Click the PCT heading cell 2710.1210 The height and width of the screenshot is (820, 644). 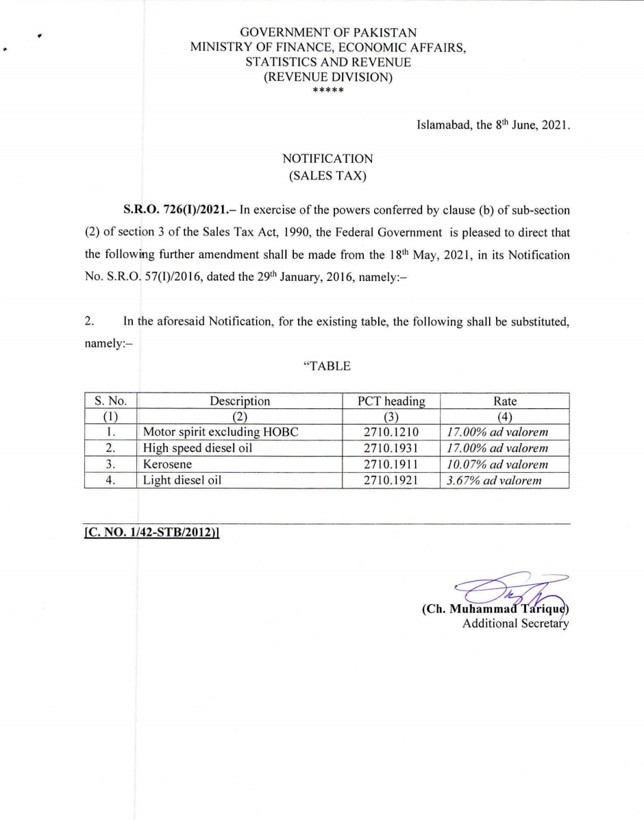click(x=390, y=432)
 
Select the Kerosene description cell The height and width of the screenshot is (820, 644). click(x=167, y=464)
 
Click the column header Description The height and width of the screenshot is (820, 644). click(x=240, y=401)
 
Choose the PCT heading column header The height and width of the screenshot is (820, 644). click(x=391, y=401)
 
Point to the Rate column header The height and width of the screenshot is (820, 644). click(x=505, y=401)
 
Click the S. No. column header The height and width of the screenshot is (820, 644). click(x=111, y=401)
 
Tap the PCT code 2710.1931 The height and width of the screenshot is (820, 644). click(x=390, y=448)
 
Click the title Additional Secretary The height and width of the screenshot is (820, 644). click(x=516, y=623)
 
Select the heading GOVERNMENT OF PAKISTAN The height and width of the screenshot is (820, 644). click(x=328, y=32)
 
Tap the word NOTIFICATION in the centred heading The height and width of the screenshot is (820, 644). click(x=327, y=159)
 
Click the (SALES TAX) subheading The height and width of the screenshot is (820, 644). click(x=327, y=175)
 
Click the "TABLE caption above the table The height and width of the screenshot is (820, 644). click(x=327, y=366)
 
